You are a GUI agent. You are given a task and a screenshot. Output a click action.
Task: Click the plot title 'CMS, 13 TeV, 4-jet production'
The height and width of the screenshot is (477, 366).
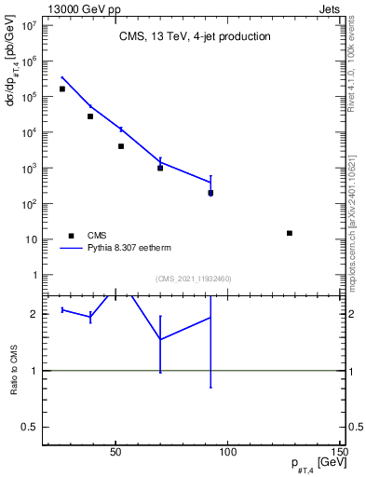pos(195,36)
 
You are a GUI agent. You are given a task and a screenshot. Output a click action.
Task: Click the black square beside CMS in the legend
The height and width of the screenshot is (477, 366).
pos(69,236)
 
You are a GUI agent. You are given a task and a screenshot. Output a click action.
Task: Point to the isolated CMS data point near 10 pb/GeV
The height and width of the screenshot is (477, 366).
pos(290,233)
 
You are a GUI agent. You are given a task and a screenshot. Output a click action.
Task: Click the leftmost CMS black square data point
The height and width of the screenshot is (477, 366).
pos(62,89)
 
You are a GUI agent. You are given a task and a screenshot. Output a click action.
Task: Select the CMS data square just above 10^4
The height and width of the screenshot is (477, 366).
pos(90,116)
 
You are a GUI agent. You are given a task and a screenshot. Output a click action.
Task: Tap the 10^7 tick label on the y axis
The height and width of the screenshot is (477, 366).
pos(28,25)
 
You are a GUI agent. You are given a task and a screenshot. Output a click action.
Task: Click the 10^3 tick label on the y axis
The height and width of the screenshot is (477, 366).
pos(28,169)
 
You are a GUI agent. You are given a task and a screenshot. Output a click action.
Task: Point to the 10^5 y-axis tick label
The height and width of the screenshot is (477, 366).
pos(28,97)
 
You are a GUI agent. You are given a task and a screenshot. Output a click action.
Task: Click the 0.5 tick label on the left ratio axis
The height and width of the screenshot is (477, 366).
pos(28,427)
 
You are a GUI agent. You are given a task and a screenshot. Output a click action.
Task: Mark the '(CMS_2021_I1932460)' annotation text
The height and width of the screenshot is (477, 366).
pos(194,279)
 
